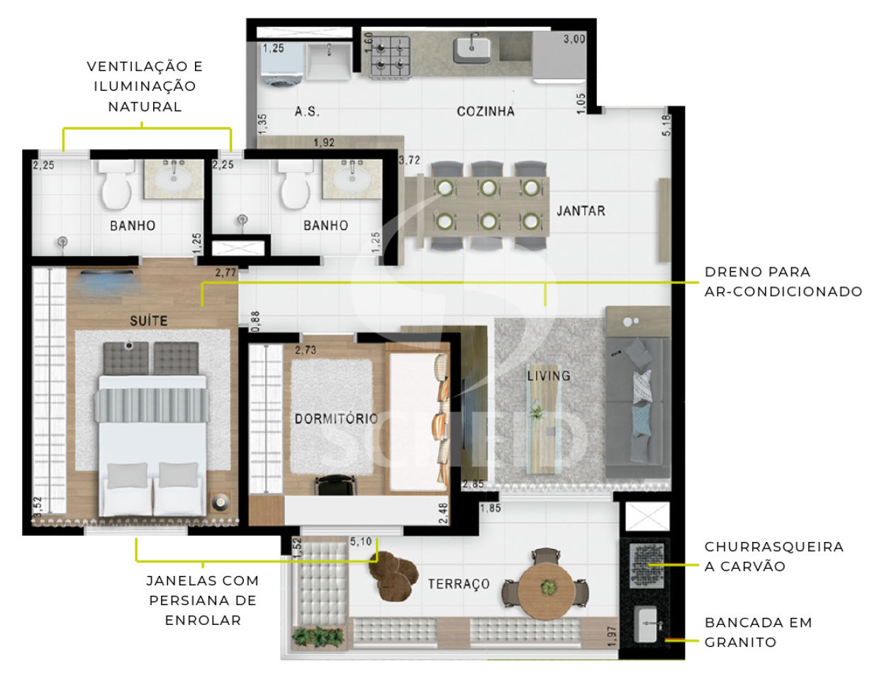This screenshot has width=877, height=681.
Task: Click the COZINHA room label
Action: coord(486,111)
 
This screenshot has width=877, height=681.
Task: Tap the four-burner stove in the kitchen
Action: coord(390,57)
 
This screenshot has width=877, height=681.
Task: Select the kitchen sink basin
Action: coord(471,50)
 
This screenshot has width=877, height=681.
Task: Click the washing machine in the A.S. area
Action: coord(281,65)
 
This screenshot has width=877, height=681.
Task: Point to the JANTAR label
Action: coord(581,211)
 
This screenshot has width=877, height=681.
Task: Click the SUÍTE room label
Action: coord(148,321)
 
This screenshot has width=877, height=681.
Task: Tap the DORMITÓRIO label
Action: coord(336,419)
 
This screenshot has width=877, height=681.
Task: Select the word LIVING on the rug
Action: coord(549,376)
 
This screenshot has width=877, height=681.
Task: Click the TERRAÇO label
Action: coord(459,584)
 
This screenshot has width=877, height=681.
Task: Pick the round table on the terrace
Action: coord(546,588)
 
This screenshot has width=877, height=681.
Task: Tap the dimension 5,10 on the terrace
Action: coord(360,541)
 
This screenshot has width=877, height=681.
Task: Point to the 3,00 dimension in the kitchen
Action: coord(574,39)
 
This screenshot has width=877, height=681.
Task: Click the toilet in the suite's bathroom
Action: coord(116,185)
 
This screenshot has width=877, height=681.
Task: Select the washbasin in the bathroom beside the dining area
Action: coord(352,179)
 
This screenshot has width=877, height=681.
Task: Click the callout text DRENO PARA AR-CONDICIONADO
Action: coord(783,282)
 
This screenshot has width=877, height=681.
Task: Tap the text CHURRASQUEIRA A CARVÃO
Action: coord(773,557)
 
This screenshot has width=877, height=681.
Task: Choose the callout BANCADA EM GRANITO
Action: coord(758,632)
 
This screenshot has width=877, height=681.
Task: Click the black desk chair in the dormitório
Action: coord(336,485)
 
